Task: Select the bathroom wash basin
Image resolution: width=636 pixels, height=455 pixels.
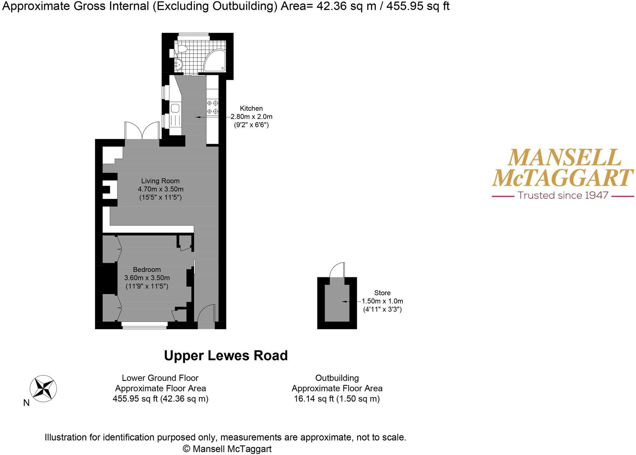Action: [x=178, y=65]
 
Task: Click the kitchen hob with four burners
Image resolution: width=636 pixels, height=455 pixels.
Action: [x=212, y=107]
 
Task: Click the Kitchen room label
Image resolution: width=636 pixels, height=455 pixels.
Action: [x=251, y=108]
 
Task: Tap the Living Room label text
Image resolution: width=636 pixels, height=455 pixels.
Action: [x=160, y=181]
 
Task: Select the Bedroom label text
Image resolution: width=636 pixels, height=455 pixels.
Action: [x=147, y=270]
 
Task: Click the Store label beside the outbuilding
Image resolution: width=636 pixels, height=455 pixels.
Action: [x=382, y=293]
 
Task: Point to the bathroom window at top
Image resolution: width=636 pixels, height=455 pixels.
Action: [x=192, y=35]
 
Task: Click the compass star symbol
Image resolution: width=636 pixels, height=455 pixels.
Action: [x=43, y=389]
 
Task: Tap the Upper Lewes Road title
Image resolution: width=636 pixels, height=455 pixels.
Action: [x=226, y=356]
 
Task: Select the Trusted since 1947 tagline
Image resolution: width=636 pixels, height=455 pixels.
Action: [x=563, y=196]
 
